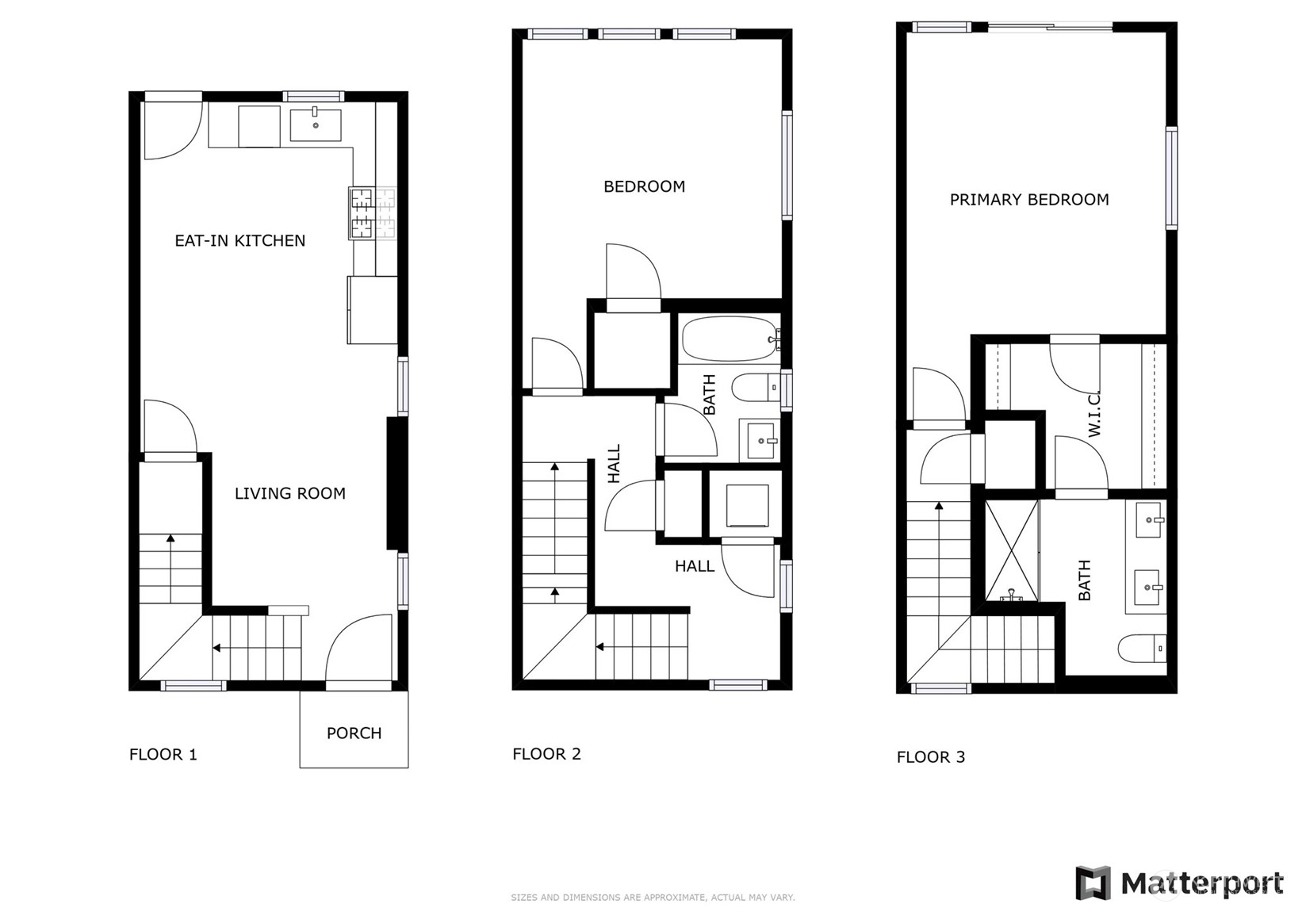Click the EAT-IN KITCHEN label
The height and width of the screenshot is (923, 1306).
coord(239,241)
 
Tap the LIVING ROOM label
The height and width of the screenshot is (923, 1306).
coord(289,494)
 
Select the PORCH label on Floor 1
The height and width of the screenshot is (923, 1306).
coord(354,733)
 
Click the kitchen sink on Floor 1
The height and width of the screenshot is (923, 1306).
coord(316,124)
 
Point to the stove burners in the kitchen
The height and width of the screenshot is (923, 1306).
coord(373,213)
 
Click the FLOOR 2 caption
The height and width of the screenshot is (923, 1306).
coord(547,754)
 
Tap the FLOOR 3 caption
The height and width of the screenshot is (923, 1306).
coord(931,756)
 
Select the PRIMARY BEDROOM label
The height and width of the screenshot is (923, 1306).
coord(1029,200)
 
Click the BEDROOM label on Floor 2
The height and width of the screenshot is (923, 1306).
coord(644,186)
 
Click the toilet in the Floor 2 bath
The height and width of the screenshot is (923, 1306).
coord(755,387)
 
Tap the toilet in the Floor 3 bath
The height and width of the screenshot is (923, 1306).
coord(1143,649)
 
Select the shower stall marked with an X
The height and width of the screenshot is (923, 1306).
coord(1012,550)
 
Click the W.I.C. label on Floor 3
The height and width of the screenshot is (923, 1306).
coord(1093,414)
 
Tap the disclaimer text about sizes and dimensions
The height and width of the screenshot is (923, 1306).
coord(653,898)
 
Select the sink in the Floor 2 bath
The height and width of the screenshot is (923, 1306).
coord(760,440)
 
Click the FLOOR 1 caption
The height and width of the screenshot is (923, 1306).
coord(163,754)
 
